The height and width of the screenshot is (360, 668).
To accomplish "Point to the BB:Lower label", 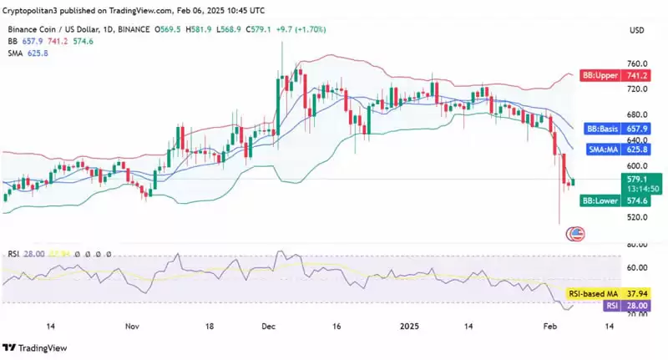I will (x=600, y=201).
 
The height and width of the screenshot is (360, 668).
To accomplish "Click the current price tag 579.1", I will (x=638, y=177).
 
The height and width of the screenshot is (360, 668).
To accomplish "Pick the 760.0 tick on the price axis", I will (x=638, y=63).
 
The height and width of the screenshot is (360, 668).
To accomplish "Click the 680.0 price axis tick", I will (x=638, y=114).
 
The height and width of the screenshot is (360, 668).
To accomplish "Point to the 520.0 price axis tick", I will (x=638, y=217).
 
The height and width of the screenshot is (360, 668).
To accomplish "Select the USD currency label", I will (x=639, y=30).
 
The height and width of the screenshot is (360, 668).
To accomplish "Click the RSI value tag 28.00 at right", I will (x=638, y=306).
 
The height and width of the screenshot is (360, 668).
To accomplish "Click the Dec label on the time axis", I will (x=268, y=327).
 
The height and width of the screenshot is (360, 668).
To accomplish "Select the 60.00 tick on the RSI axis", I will (x=638, y=267).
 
